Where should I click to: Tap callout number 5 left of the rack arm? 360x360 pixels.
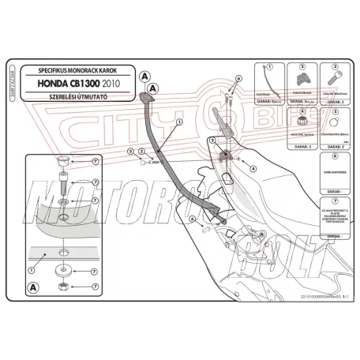pos(129,148)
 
